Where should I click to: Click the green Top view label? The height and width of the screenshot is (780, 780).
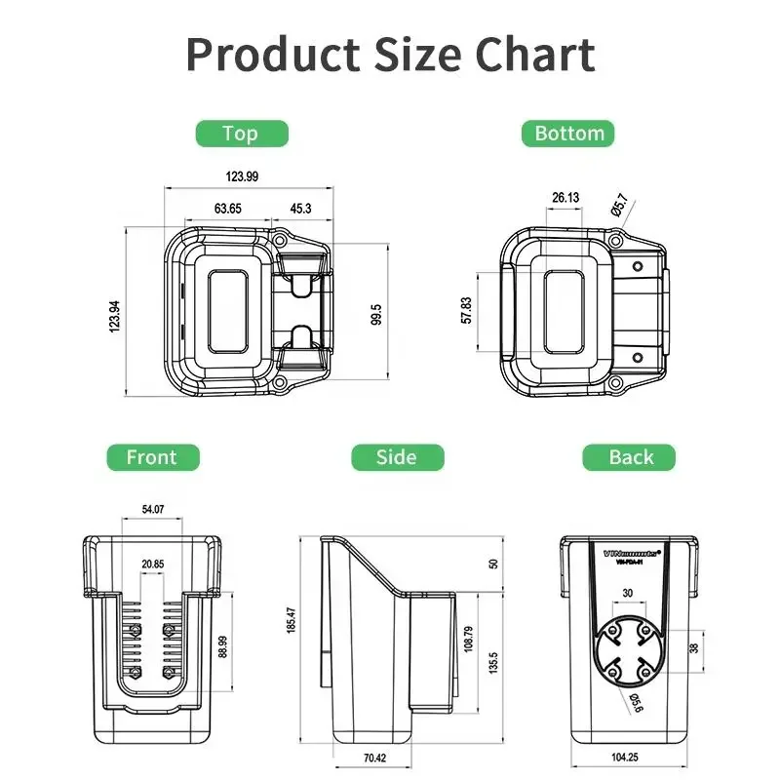pyautogui.click(x=240, y=133)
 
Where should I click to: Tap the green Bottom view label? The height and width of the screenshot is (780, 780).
pyautogui.click(x=569, y=133)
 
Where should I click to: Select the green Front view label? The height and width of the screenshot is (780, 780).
pyautogui.click(x=152, y=456)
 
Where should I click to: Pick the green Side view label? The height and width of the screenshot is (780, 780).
pyautogui.click(x=397, y=456)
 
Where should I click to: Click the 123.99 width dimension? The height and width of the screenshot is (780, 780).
pyautogui.click(x=243, y=176)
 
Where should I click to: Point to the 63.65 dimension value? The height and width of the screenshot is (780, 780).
pyautogui.click(x=227, y=209)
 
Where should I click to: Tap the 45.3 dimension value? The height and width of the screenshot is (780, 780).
pyautogui.click(x=300, y=209)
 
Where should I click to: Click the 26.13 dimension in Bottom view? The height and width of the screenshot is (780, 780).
pyautogui.click(x=565, y=198)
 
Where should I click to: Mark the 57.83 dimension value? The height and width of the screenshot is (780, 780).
pyautogui.click(x=467, y=310)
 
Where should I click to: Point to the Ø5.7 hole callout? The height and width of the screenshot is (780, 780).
pyautogui.click(x=619, y=206)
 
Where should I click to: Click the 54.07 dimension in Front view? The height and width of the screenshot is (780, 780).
pyautogui.click(x=153, y=508)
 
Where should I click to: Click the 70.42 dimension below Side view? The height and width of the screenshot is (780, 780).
pyautogui.click(x=373, y=757)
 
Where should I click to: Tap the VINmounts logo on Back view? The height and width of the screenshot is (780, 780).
pyautogui.click(x=631, y=551)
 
